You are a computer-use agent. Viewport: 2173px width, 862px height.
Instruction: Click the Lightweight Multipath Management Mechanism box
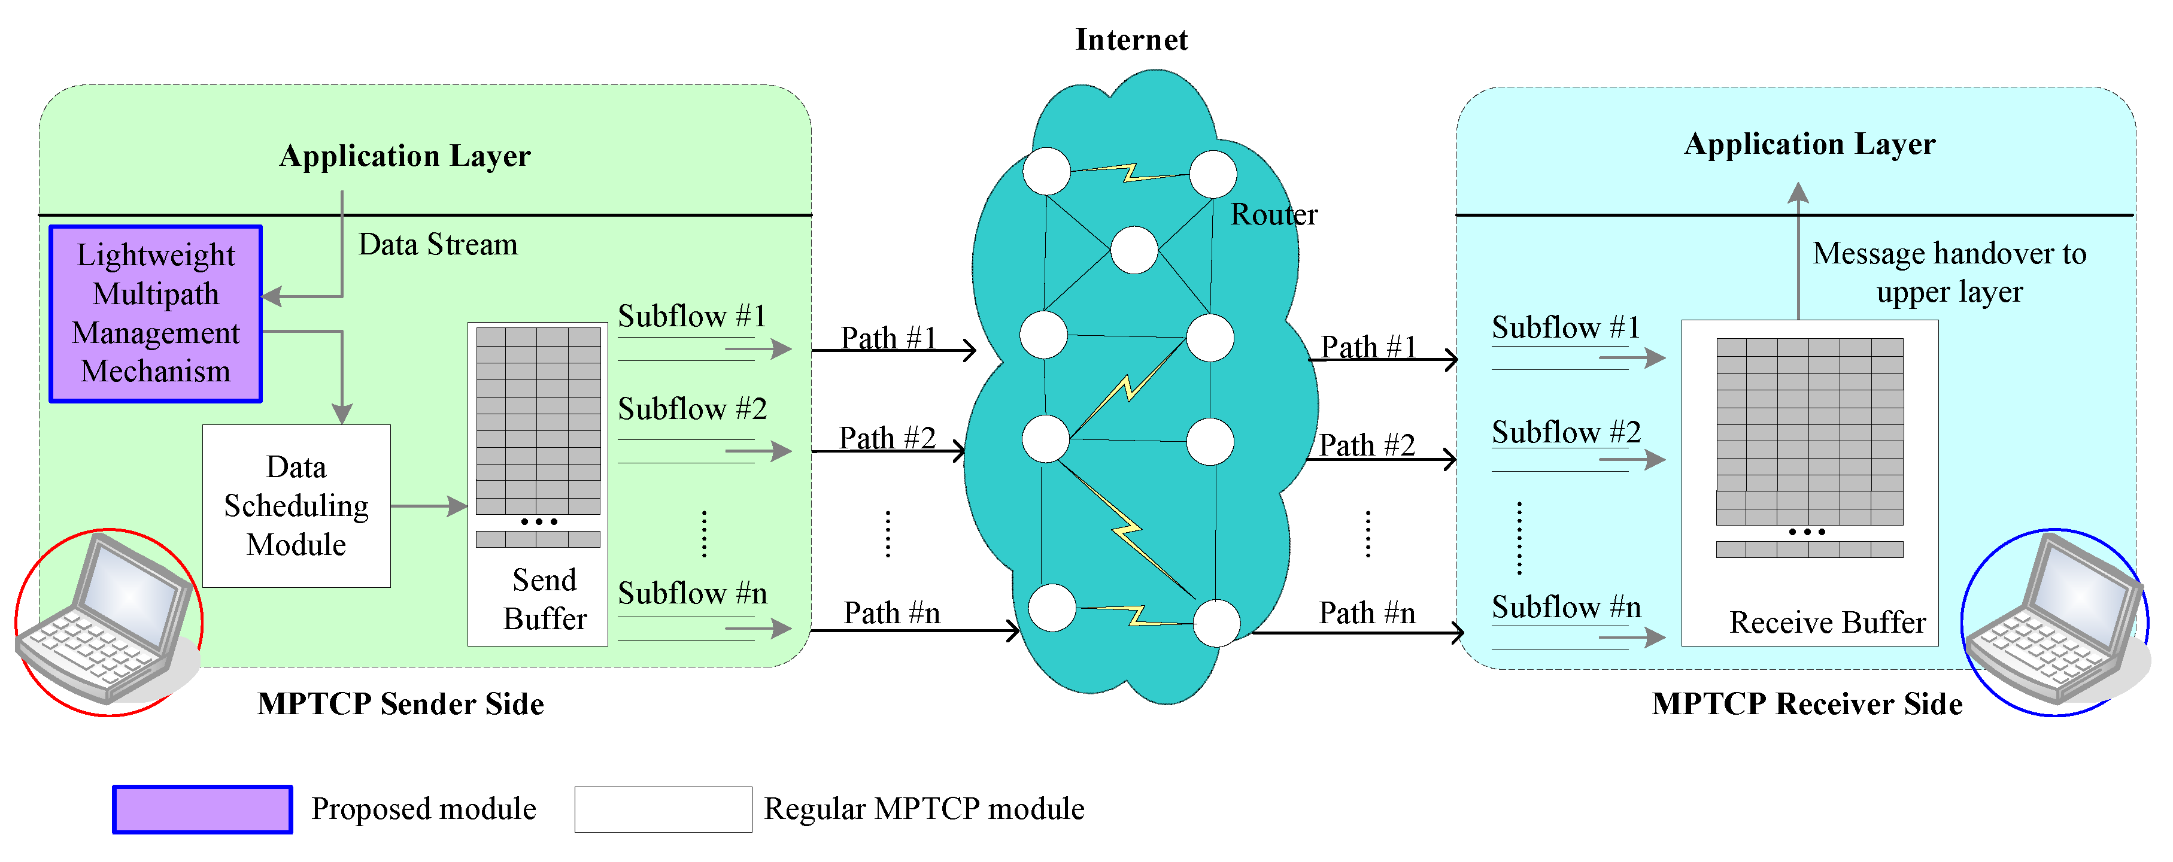(x=156, y=314)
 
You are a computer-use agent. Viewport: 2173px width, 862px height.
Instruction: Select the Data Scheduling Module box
(x=296, y=506)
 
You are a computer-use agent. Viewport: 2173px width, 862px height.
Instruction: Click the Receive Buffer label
(x=1827, y=623)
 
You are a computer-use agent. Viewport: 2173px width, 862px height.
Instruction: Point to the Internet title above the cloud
(x=1131, y=40)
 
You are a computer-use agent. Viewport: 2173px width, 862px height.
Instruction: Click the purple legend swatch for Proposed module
(x=202, y=810)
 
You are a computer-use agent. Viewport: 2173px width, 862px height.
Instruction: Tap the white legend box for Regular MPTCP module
(x=663, y=810)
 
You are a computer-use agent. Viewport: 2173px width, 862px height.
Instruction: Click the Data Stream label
(x=438, y=245)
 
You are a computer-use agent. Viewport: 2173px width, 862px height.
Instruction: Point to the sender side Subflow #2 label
(x=692, y=409)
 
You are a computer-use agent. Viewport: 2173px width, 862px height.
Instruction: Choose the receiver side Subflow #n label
(x=1565, y=607)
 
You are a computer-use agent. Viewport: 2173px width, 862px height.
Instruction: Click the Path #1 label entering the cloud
(x=888, y=338)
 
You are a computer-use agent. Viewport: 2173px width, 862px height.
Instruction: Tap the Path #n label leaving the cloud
(x=1367, y=613)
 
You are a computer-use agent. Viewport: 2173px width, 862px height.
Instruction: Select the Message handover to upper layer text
(x=1949, y=272)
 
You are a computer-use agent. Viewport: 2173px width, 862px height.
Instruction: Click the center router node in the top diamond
(x=1134, y=250)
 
